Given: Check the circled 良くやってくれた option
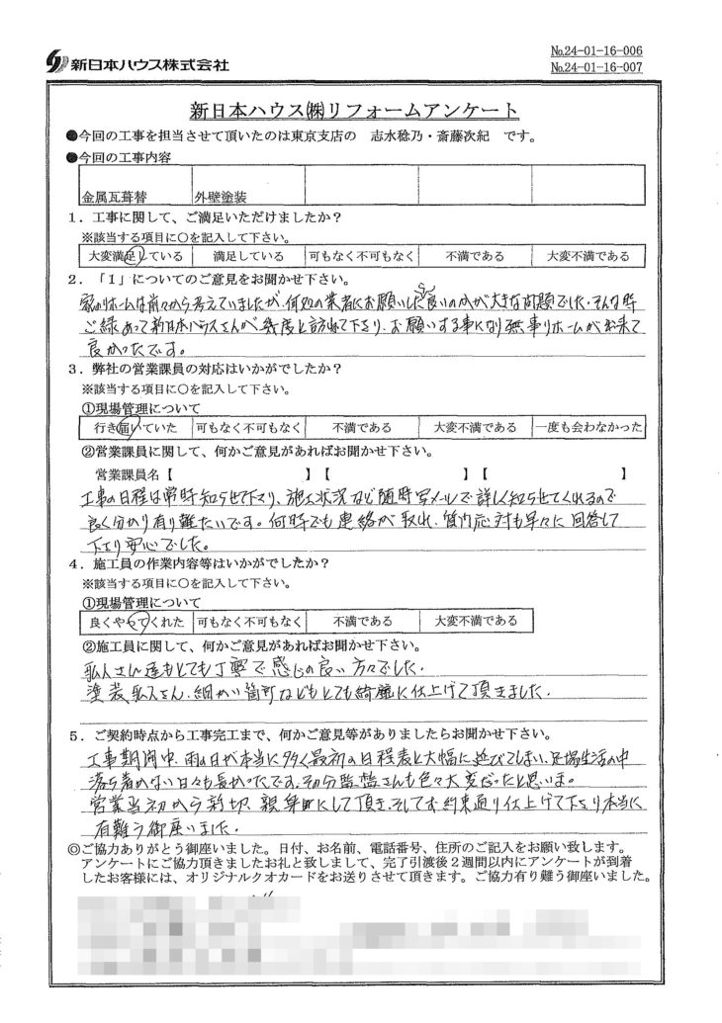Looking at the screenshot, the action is point(133,622).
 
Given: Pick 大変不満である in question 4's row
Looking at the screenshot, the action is point(473,622).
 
